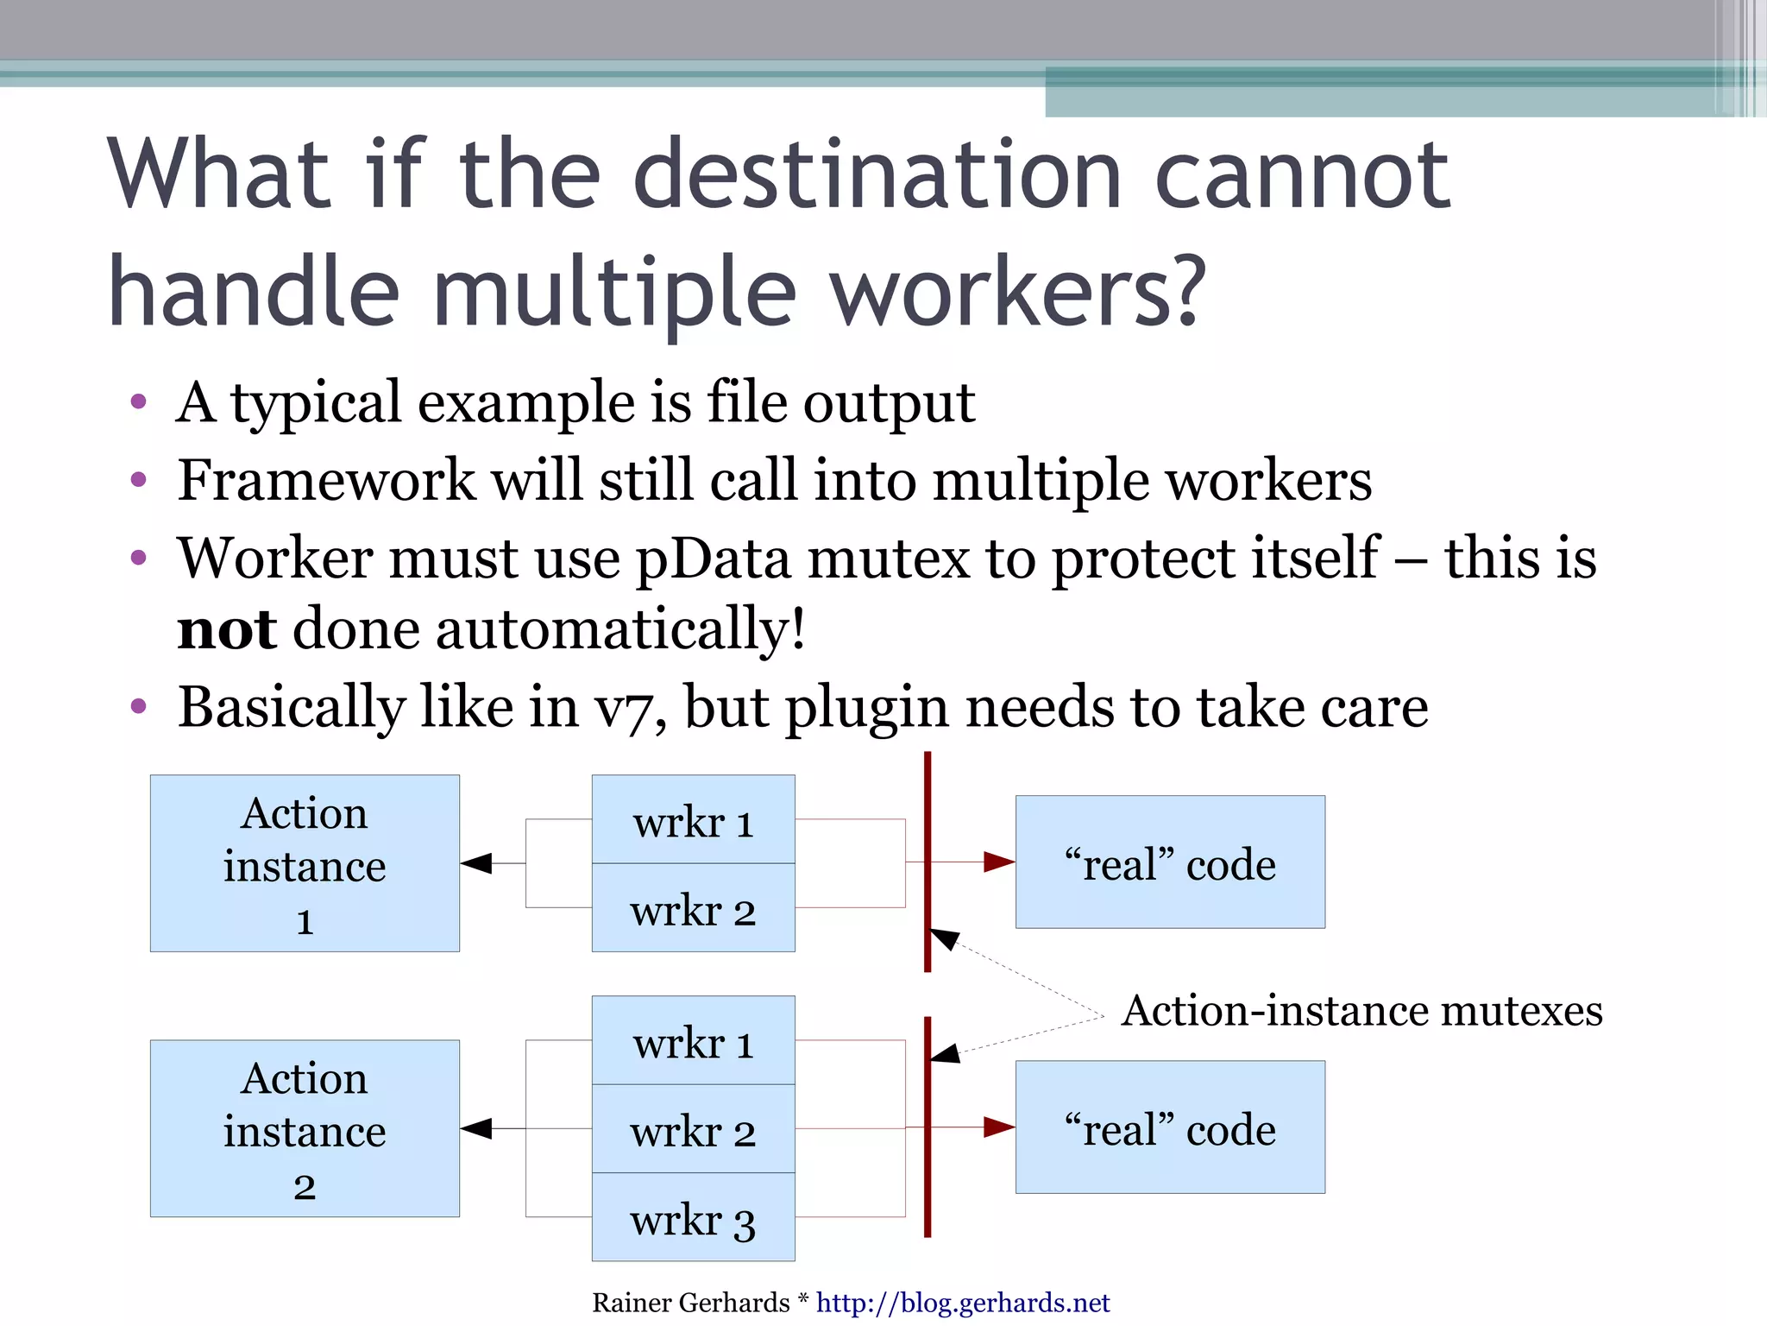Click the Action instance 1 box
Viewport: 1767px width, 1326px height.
point(305,863)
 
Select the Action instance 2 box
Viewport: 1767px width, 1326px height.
point(305,1128)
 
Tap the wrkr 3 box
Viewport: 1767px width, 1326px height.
point(693,1218)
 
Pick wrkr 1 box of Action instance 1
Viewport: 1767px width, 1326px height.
point(693,819)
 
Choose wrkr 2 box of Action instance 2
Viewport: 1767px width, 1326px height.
point(693,1128)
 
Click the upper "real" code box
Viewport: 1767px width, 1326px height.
point(1170,862)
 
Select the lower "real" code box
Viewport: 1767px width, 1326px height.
point(1170,1127)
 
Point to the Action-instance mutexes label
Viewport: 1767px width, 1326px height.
point(1361,1010)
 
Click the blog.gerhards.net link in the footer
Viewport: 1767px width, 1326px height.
point(962,1302)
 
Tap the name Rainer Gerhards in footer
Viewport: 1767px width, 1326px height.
point(690,1302)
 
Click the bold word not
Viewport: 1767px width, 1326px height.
point(226,628)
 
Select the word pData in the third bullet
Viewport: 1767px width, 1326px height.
point(713,558)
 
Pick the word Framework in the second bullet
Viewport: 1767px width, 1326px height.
point(326,480)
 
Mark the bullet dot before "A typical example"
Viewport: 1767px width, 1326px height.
point(138,401)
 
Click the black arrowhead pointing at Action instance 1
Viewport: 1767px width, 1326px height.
point(476,863)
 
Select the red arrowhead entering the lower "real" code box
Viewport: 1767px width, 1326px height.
point(999,1127)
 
